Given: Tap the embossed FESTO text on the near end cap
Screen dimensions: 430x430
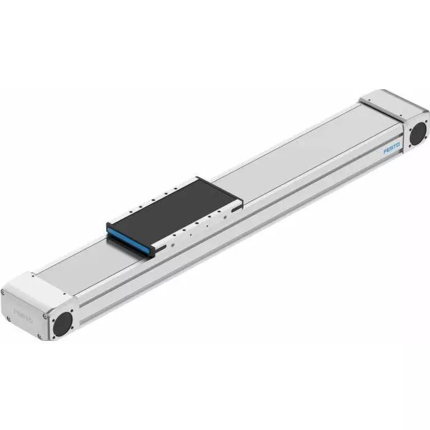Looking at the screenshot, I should (x=24, y=312).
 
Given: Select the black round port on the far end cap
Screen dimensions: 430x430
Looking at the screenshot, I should (x=418, y=133).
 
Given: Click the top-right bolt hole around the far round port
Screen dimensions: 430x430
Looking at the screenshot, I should (x=425, y=123).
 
